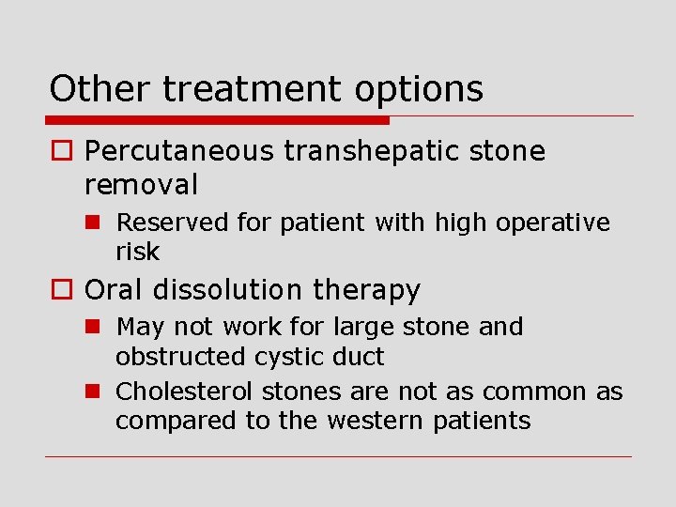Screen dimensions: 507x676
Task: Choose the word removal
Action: coord(141,184)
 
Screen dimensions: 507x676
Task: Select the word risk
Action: coord(138,252)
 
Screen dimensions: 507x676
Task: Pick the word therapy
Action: coord(366,291)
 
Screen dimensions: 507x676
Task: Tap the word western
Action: coord(376,421)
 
